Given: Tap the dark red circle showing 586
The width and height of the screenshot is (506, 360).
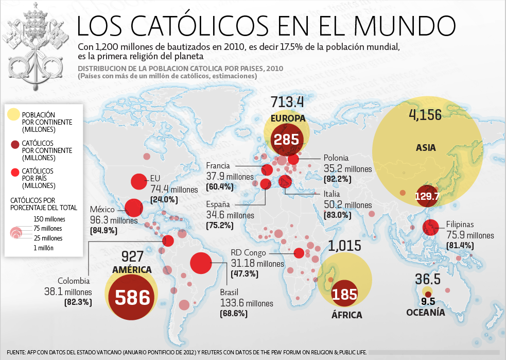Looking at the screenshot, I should [132, 297].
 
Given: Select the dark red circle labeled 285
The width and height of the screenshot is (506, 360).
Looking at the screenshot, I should [287, 139].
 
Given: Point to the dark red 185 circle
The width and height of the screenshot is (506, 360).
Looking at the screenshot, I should [344, 295].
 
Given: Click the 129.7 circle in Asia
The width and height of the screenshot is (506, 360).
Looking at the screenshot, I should [427, 196].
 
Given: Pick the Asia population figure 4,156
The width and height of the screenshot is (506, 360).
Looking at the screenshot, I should [425, 114].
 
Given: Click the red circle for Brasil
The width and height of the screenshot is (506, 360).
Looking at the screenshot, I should [201, 263].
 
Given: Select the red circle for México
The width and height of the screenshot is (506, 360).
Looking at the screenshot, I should [134, 208].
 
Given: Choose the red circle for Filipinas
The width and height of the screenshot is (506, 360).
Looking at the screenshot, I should [430, 227].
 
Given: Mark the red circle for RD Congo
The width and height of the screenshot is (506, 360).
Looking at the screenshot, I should [299, 253].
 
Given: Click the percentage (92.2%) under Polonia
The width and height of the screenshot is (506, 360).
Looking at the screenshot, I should [338, 179].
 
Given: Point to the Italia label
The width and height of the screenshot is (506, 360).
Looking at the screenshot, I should [332, 194].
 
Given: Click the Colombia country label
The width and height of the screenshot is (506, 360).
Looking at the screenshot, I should [74, 281].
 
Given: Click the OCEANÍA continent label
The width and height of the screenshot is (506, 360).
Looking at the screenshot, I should [425, 312].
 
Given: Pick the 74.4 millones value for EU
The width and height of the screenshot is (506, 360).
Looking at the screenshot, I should [174, 189].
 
